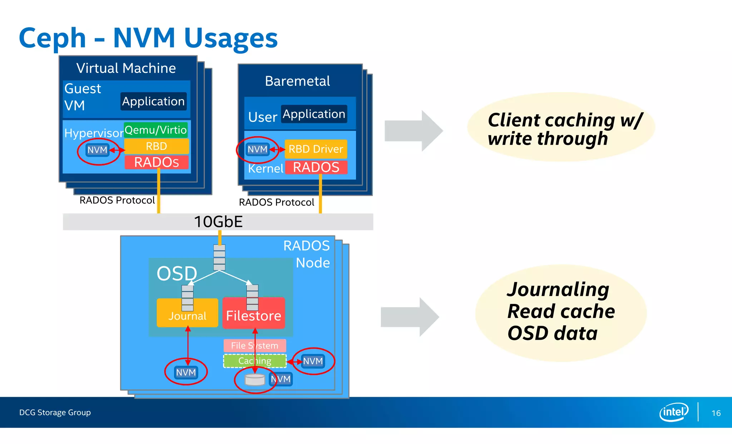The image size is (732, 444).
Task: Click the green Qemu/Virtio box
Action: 155,130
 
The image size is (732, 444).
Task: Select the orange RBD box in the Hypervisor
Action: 156,146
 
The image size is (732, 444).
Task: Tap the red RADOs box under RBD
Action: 156,162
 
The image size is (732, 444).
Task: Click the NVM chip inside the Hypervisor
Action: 97,150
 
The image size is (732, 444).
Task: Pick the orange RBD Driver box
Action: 316,149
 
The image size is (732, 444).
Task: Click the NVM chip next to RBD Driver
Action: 257,149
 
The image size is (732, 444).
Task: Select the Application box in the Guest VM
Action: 153,101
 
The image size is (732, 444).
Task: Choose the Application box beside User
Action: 314,114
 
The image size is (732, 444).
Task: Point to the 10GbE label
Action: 218,222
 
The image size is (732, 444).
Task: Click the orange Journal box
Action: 187,316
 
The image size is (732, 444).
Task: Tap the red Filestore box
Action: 253,315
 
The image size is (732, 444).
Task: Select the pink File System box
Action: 254,345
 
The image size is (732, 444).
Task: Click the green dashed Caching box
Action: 254,361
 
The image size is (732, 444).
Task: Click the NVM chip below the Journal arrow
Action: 186,373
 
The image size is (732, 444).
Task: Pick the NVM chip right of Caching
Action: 313,361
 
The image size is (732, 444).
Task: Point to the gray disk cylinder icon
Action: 255,380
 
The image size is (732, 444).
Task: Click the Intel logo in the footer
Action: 673,412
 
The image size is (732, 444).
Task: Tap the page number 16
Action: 716,413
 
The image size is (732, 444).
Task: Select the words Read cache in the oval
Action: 561,311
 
